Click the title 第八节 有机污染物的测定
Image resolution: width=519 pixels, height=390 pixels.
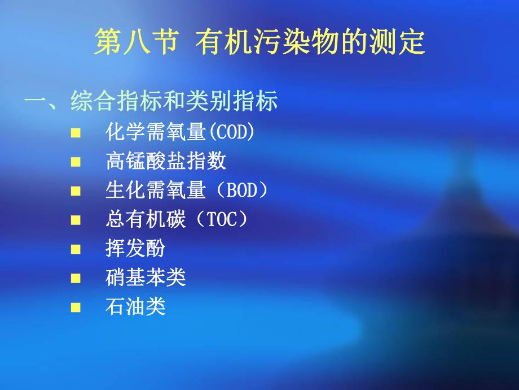tap(259, 43)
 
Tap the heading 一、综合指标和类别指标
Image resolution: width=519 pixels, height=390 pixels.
tap(151, 102)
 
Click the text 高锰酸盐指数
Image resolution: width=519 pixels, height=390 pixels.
tap(166, 161)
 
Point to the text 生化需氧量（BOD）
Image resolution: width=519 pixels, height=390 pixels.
tap(186, 190)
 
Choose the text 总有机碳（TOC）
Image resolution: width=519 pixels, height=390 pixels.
tap(177, 219)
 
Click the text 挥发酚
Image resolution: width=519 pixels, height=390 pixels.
tap(135, 249)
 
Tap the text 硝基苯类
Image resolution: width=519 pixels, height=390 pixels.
tap(146, 278)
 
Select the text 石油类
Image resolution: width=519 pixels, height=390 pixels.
tap(135, 307)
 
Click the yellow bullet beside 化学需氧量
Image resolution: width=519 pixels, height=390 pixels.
tap(76, 133)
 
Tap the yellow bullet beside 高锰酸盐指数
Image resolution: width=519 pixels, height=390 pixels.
tap(76, 162)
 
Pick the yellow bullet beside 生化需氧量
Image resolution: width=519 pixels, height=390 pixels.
tap(76, 191)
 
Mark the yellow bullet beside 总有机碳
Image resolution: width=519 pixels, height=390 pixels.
tap(76, 220)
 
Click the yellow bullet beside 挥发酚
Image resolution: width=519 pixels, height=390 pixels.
tap(76, 249)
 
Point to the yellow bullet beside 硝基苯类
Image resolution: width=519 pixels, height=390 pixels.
tap(76, 279)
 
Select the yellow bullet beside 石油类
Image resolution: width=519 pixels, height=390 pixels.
tap(76, 307)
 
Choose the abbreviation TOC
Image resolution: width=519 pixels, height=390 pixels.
tap(222, 220)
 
